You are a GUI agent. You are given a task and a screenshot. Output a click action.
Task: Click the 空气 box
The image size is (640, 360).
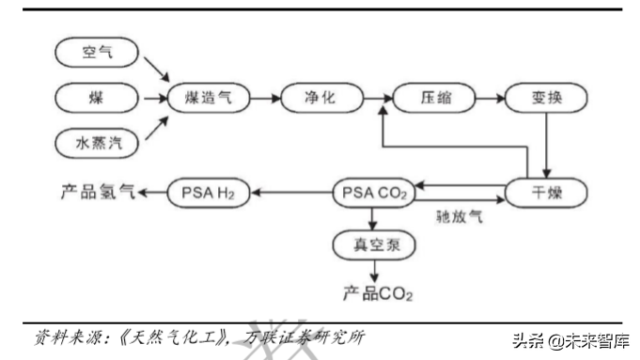click(98, 54)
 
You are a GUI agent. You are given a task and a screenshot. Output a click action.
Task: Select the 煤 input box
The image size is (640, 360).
click(98, 98)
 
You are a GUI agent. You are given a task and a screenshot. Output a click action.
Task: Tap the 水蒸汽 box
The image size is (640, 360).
click(98, 143)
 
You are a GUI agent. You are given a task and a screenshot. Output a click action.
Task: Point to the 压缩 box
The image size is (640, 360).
click(431, 98)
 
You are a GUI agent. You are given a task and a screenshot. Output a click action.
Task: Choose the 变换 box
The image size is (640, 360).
click(546, 98)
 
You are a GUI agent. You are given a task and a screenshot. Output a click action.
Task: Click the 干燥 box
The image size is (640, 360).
click(546, 193)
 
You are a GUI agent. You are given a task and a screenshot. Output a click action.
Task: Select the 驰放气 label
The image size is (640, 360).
click(460, 217)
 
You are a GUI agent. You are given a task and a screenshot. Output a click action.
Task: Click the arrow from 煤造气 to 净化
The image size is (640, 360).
click(265, 98)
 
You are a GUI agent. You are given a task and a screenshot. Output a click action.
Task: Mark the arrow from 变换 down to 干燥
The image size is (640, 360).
click(546, 145)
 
